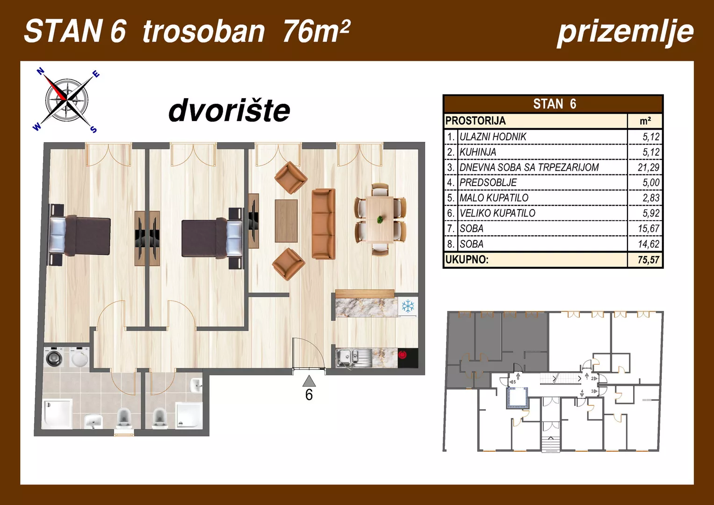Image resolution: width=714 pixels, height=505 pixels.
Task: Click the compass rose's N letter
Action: point(41,72)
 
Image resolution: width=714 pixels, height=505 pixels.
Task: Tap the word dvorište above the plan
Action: point(229,111)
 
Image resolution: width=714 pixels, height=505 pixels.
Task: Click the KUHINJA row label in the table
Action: point(477,152)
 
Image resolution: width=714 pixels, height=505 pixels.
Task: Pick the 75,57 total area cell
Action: point(648,260)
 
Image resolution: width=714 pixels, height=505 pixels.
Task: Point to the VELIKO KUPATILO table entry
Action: point(497,213)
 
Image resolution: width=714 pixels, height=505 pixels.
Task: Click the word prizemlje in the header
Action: point(625,32)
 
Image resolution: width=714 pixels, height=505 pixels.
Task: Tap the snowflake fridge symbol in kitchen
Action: point(408,306)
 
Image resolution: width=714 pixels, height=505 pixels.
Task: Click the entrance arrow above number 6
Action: point(309,381)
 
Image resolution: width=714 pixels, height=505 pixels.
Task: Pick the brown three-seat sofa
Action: point(324,224)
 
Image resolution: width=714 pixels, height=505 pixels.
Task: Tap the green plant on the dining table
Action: point(380,219)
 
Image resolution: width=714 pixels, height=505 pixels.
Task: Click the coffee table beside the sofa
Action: point(286,221)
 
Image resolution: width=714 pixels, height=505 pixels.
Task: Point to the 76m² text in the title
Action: point(316,31)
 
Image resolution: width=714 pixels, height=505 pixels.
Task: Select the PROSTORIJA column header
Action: point(476,121)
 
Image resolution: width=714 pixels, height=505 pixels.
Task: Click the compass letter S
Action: point(94,129)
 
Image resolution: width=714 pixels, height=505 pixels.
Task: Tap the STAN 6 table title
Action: point(554,104)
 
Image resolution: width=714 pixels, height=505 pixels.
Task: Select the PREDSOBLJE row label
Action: point(488,183)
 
